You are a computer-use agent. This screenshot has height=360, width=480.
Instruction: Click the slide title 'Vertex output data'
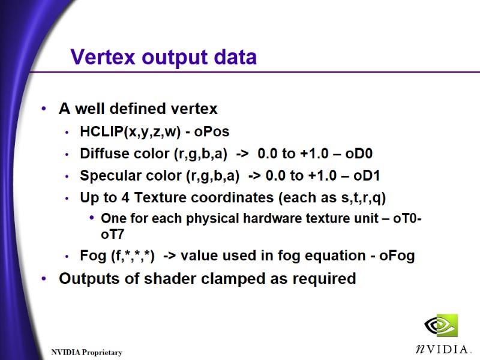click(x=163, y=57)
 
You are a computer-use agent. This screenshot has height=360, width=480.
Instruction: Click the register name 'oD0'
click(x=359, y=154)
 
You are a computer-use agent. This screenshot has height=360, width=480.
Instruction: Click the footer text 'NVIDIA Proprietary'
click(x=86, y=353)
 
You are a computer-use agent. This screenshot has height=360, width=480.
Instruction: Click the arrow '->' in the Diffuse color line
click(x=242, y=154)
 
